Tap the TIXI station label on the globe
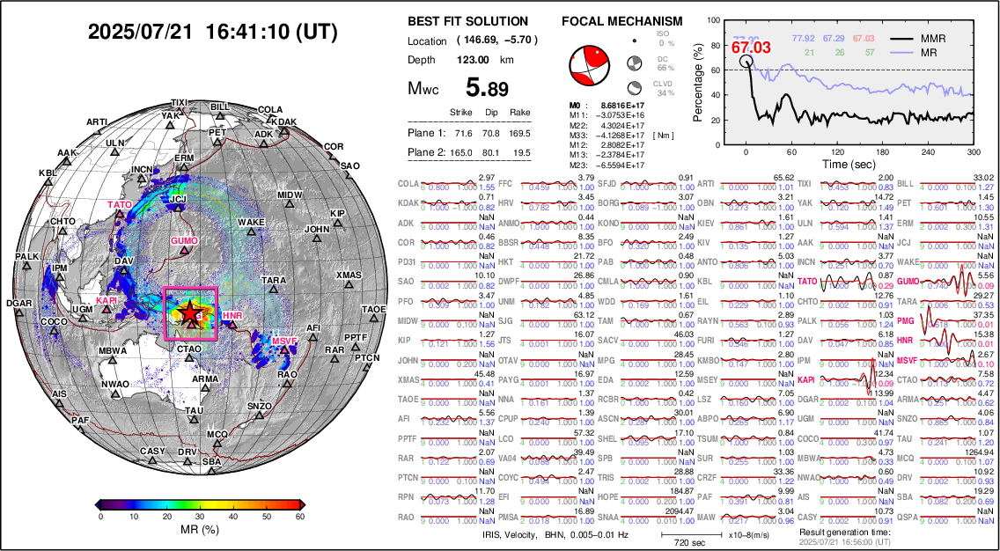click(x=179, y=102)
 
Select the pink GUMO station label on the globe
click(x=183, y=240)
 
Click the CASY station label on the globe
click(x=152, y=451)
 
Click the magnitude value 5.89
click(x=488, y=88)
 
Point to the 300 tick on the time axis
click(x=974, y=151)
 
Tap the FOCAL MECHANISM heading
click(x=621, y=21)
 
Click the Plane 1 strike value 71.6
click(x=462, y=133)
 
